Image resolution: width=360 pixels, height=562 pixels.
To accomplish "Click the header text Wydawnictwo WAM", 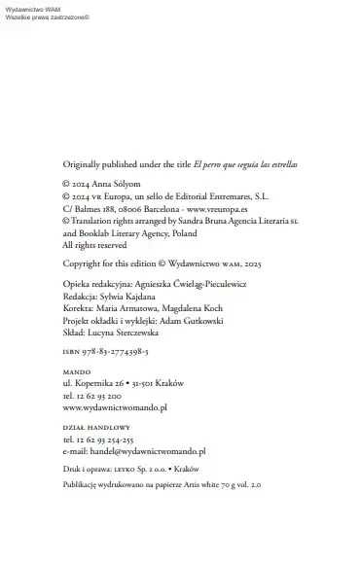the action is tap(32, 8).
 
